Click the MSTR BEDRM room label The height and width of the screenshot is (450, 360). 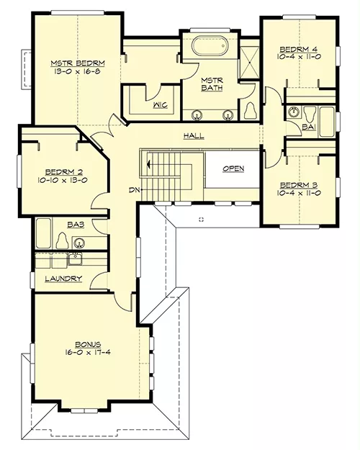(x=78, y=63)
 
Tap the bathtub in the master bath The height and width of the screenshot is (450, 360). (x=210, y=45)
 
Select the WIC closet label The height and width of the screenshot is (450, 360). (x=160, y=105)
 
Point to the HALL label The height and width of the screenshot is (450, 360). (x=194, y=135)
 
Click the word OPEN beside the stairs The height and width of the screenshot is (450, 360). (x=233, y=168)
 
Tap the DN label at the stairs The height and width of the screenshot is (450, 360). (x=134, y=189)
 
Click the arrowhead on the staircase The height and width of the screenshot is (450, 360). (x=148, y=164)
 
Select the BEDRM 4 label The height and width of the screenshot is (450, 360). (x=299, y=49)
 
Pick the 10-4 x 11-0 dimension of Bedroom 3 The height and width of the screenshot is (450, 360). (x=299, y=193)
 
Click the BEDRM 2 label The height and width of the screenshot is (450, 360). (x=64, y=172)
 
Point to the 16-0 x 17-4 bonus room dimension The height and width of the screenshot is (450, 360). (x=88, y=352)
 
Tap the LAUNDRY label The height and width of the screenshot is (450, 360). (x=63, y=279)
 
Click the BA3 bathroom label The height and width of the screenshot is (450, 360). (x=76, y=225)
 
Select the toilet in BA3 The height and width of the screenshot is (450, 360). (x=63, y=240)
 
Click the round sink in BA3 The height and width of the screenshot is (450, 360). (x=78, y=243)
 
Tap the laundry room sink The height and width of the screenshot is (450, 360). (x=75, y=260)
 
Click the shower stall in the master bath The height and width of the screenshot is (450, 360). (x=249, y=62)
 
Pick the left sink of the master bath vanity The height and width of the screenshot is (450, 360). (x=197, y=114)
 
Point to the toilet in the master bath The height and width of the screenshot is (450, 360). (x=250, y=111)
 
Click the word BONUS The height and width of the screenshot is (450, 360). (x=88, y=344)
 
